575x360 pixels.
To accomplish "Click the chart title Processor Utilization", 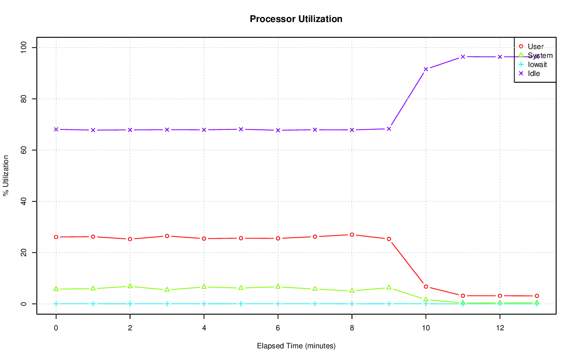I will [x=296, y=19].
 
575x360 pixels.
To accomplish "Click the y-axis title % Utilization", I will [x=6, y=175].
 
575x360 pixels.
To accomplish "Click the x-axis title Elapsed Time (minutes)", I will [x=296, y=346].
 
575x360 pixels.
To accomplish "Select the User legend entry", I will [x=535, y=46].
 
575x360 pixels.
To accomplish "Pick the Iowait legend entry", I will [x=537, y=64].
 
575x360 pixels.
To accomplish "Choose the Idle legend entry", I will [x=534, y=73].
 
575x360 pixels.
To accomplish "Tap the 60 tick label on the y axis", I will [x=23, y=150].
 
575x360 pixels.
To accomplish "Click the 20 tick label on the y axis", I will [x=23, y=253].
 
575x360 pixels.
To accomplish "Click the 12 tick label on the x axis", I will [x=500, y=328].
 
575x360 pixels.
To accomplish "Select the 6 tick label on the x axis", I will [x=278, y=328].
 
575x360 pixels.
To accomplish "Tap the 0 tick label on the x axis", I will [x=56, y=328].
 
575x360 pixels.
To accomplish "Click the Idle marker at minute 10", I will [x=426, y=69].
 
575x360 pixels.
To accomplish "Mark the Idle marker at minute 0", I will [x=56, y=129].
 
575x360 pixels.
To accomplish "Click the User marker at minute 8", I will [x=352, y=235].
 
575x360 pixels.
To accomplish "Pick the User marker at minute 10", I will [x=426, y=287].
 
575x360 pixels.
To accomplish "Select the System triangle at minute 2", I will [x=130, y=286].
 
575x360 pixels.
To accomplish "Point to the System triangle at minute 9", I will [x=389, y=288].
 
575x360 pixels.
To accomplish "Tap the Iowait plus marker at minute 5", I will [x=241, y=304].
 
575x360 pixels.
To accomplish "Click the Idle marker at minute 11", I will [x=463, y=57].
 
